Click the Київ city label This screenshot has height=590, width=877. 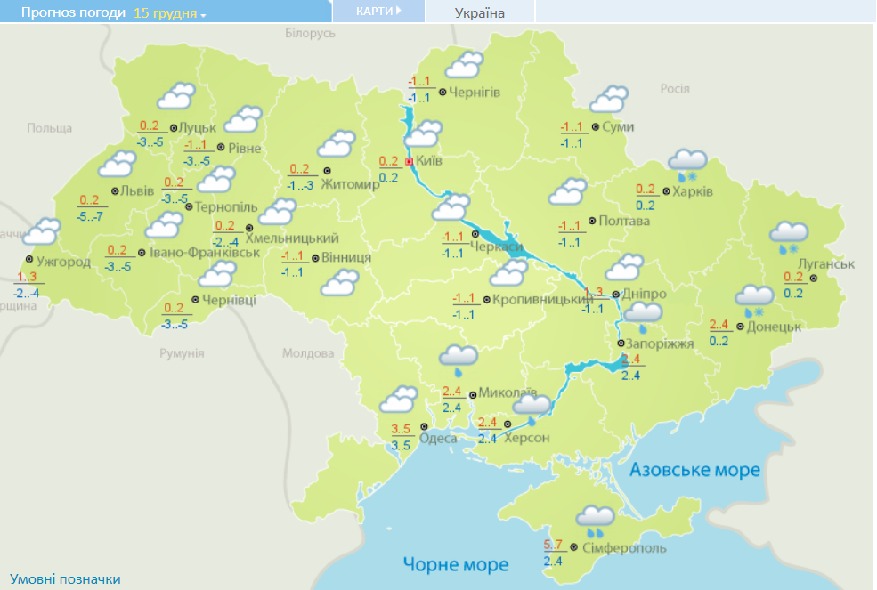click(429, 161)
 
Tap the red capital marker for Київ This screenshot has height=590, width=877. click(409, 162)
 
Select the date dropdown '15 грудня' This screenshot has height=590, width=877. click(169, 13)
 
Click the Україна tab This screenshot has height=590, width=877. click(479, 12)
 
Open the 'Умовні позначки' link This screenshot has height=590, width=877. click(65, 579)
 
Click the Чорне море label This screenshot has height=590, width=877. click(455, 564)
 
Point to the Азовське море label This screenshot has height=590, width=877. click(694, 470)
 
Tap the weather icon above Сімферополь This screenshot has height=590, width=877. click(594, 518)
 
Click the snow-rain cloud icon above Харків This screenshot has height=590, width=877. click(686, 164)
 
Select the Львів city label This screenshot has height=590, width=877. click(138, 191)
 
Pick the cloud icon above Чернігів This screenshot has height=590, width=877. click(464, 65)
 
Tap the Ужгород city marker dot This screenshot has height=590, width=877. click(29, 259)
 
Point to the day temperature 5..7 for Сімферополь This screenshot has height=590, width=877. click(553, 545)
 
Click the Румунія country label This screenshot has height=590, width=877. click(183, 353)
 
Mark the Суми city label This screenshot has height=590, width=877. click(618, 127)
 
